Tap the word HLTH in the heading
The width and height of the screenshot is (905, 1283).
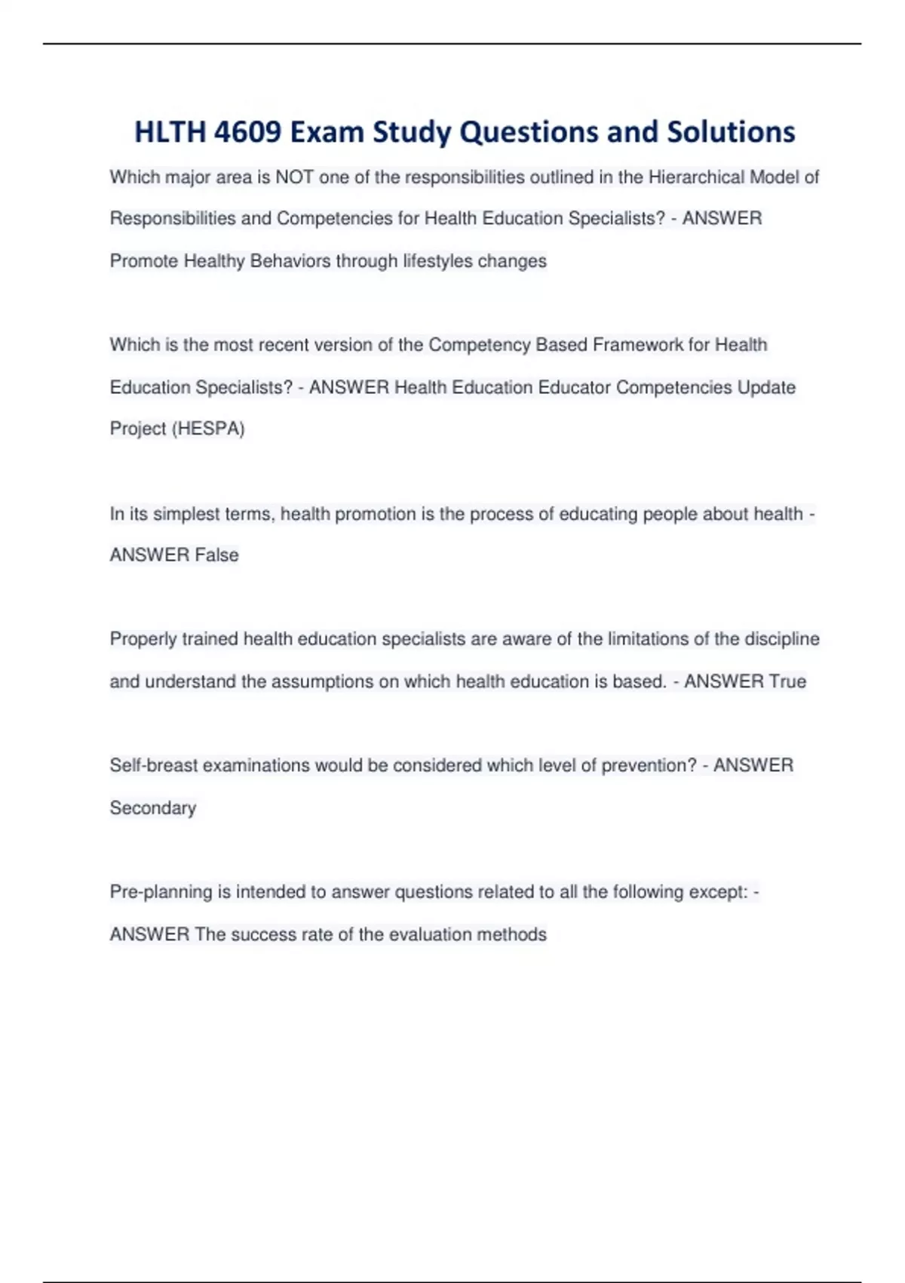tap(170, 132)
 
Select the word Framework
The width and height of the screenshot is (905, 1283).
tap(637, 345)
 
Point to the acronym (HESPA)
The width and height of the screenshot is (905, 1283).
tap(209, 429)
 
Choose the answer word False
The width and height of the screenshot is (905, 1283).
tap(216, 555)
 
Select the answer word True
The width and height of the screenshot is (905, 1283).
tap(787, 681)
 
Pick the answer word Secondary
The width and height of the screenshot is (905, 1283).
tap(153, 808)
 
